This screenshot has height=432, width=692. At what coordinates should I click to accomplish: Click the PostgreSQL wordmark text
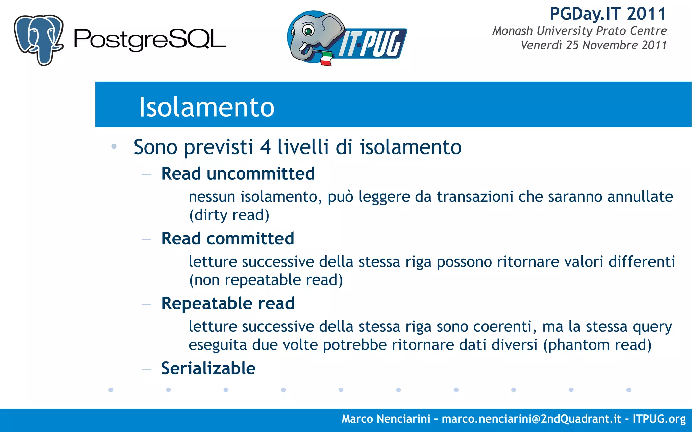[150, 40]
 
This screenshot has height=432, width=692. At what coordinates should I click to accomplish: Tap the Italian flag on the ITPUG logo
[326, 59]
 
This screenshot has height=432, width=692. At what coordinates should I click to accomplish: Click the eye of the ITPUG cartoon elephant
[308, 31]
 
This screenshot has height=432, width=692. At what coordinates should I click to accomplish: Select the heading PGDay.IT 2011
[608, 14]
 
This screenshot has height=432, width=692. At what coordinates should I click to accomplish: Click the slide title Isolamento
[206, 107]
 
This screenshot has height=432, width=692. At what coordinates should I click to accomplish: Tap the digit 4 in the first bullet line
[265, 147]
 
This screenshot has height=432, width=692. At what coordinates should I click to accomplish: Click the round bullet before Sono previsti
[114, 147]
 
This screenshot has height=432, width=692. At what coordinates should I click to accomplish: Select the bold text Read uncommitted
[238, 174]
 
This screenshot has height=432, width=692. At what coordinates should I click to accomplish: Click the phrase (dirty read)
[229, 215]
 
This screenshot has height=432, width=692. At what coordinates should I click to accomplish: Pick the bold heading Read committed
[227, 239]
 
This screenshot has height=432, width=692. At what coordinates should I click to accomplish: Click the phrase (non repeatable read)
[266, 280]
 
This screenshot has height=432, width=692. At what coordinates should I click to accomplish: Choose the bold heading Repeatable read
[228, 303]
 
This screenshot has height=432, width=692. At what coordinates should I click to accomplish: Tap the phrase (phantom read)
[597, 345]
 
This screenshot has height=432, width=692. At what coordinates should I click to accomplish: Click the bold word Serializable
[208, 368]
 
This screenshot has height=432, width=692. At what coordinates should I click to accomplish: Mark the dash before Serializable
[146, 369]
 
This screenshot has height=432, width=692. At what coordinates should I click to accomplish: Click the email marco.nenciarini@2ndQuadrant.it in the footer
[531, 419]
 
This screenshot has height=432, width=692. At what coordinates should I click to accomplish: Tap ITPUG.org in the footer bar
[659, 419]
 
